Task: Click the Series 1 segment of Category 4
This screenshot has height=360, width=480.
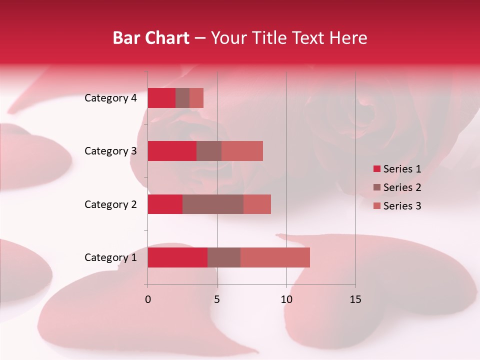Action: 161,98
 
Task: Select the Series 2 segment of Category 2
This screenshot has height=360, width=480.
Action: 213,204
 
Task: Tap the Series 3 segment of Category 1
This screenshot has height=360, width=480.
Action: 275,257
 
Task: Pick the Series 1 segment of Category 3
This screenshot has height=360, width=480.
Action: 172,151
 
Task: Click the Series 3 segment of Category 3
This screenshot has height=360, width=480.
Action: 242,151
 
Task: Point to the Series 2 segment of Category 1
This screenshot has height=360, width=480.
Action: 224,257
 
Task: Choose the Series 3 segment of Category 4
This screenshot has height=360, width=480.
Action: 196,98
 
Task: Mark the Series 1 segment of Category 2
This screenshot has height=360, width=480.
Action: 165,204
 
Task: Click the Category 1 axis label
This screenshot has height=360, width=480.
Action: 110,257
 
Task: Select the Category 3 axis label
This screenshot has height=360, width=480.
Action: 110,151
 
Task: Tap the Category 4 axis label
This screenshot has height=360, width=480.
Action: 110,98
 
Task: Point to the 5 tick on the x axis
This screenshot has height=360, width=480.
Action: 217,299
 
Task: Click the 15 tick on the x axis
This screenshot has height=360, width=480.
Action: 355,299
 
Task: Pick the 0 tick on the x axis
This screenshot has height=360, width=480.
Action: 148,299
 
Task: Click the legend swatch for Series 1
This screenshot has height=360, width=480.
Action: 377,169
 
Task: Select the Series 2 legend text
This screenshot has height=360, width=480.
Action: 402,187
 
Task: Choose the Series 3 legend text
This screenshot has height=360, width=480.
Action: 402,206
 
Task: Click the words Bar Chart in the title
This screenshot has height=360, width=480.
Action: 151,38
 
